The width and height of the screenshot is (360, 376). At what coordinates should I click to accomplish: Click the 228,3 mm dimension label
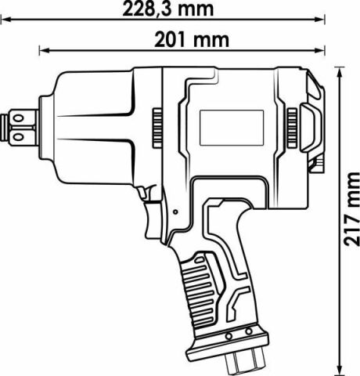(167, 9)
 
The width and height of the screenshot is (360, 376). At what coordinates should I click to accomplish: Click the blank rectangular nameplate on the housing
(231, 128)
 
